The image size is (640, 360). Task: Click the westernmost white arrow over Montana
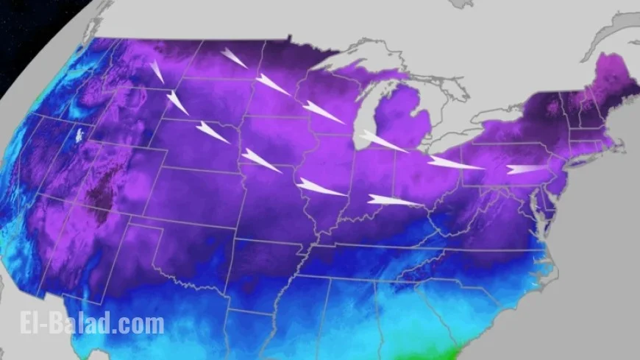coord(157,71)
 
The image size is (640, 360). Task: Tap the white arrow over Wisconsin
coord(322,111)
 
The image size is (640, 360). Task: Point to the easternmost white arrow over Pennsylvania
coord(527,169)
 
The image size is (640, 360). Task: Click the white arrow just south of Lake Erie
coord(455,163)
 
